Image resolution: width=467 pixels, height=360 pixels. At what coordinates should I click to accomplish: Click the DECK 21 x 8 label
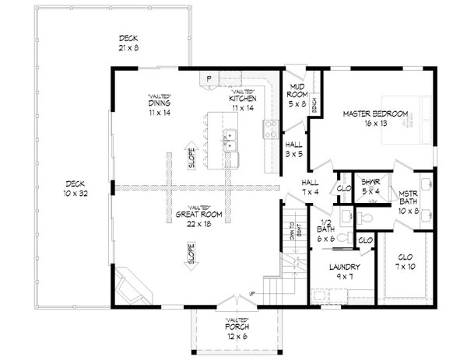coord(128,43)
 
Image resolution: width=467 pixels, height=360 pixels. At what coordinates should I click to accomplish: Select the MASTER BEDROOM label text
coord(376,118)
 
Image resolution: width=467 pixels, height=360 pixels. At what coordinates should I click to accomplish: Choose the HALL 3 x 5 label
coord(293,149)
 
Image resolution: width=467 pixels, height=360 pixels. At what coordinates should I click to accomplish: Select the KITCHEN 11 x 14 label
coord(242,103)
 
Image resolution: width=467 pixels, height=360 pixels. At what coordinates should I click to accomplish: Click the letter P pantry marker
coord(209,79)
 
